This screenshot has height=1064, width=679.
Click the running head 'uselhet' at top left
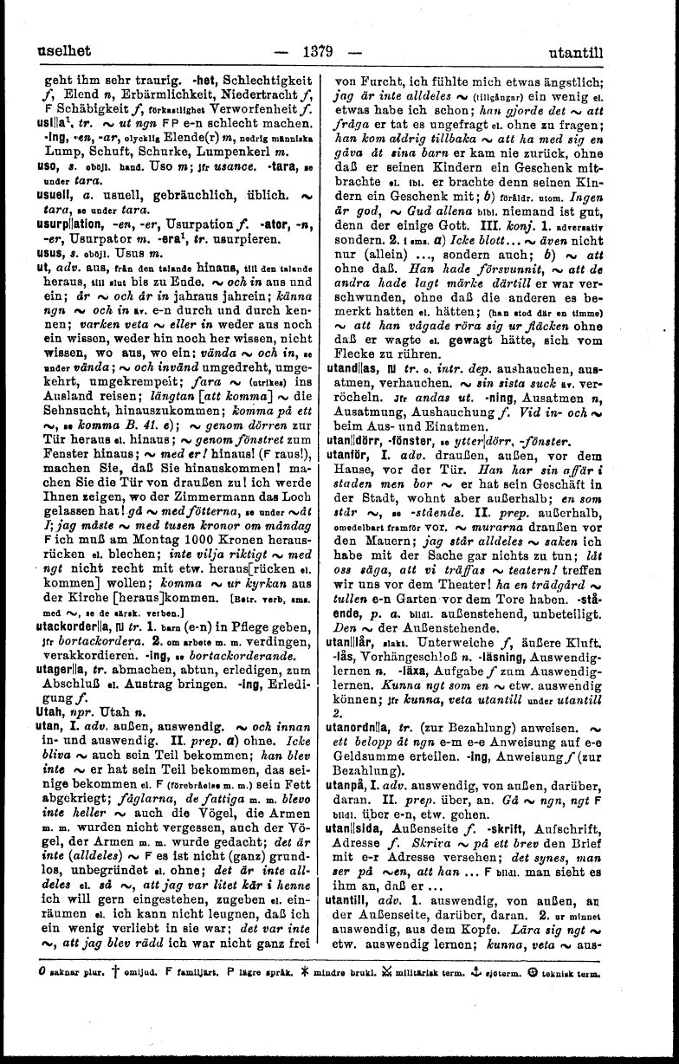(61, 52)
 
